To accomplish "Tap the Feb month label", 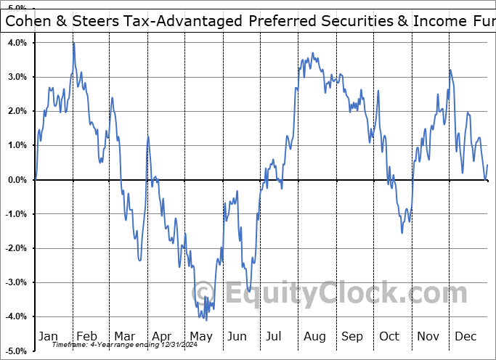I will [87, 336].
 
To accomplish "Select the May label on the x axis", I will [201, 336].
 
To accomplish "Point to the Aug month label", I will [314, 336].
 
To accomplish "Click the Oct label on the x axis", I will [390, 336].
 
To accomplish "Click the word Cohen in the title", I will [29, 21].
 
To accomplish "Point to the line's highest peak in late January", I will [74, 44].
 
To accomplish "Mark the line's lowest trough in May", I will [206, 319].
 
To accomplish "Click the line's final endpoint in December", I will [487, 165].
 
